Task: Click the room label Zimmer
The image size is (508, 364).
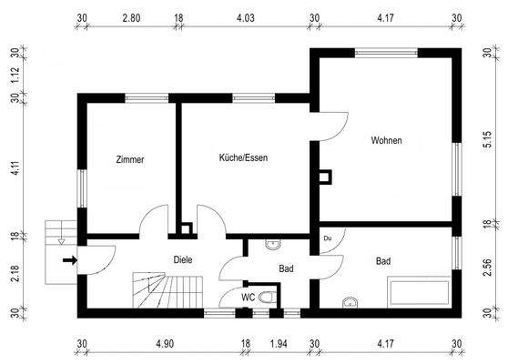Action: [x=130, y=159]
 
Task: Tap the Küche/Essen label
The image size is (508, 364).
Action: [x=243, y=157]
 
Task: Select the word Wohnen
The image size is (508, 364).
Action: [x=386, y=140]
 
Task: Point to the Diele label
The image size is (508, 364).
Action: [x=183, y=259]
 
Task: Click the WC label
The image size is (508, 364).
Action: [x=248, y=297]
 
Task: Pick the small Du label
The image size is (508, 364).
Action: [x=327, y=238]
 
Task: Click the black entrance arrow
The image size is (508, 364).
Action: [x=69, y=261]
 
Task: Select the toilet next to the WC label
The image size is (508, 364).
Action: [x=266, y=297]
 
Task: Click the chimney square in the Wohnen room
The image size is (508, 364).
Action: [x=323, y=175]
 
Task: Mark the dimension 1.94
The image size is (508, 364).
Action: [x=279, y=344]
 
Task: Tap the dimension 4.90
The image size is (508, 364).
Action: [x=164, y=344]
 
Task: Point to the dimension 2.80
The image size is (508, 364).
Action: [x=131, y=17]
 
